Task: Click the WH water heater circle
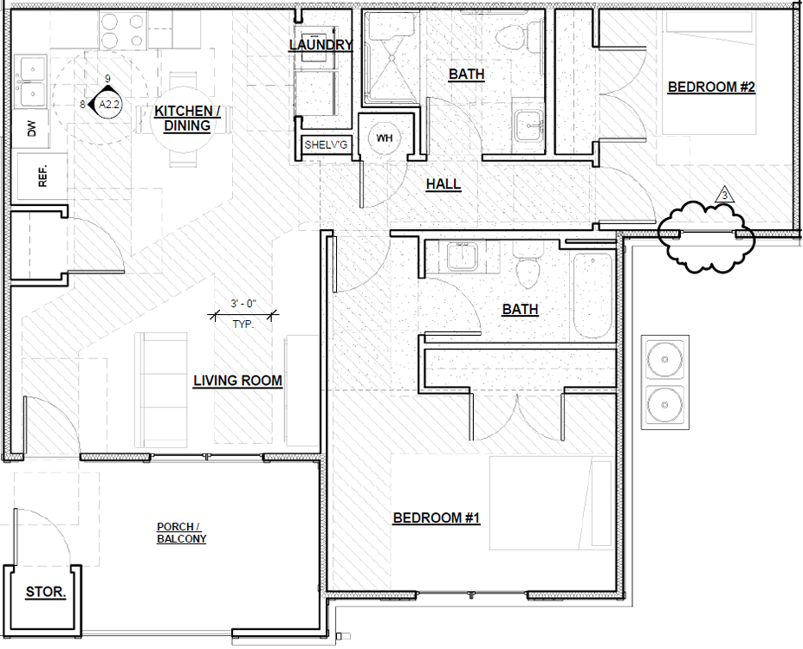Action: [384, 138]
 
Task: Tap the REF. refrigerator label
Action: [42, 176]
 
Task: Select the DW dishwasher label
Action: [32, 128]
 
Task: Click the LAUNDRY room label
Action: [321, 45]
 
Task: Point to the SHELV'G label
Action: [326, 145]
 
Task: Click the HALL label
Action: [444, 184]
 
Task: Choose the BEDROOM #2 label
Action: [711, 87]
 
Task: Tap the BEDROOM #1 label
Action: [437, 518]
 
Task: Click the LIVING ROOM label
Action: [237, 381]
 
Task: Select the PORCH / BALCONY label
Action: [181, 532]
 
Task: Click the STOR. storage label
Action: [46, 592]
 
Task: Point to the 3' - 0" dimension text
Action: [243, 303]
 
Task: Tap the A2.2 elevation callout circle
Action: [108, 105]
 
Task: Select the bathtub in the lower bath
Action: [593, 296]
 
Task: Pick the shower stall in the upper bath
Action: [392, 57]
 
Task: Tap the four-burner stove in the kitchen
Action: [121, 30]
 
